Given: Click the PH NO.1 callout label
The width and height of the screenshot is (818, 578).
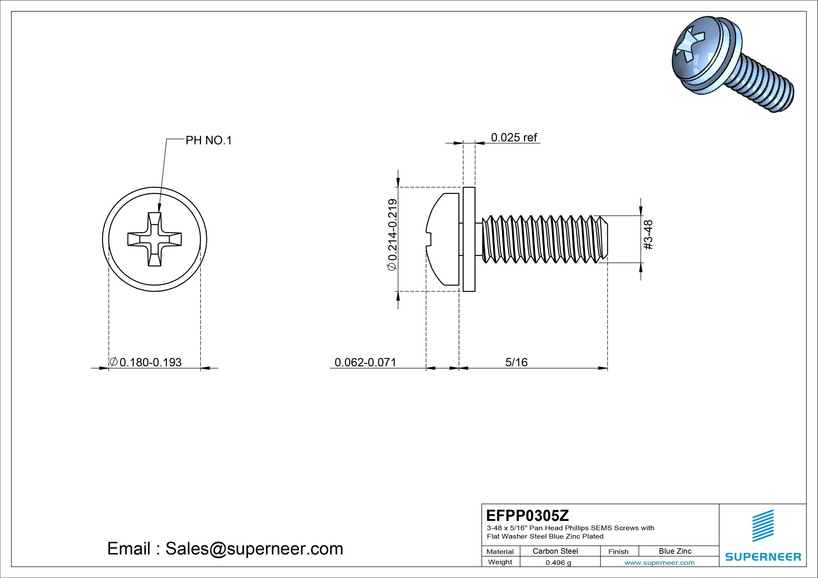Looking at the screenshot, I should (x=208, y=141).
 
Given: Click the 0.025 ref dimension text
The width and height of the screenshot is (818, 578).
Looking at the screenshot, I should (x=513, y=138).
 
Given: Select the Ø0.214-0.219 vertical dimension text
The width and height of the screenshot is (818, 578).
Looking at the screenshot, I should (x=392, y=235).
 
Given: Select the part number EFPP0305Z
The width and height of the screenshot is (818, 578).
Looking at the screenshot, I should (x=527, y=515).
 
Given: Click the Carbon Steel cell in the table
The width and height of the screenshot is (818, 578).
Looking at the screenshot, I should (x=555, y=551).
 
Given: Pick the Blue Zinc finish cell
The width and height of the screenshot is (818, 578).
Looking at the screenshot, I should (x=675, y=551).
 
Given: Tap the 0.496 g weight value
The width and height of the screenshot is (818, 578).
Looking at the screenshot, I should (x=558, y=563).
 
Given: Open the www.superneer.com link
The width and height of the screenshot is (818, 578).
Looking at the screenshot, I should (x=659, y=563).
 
